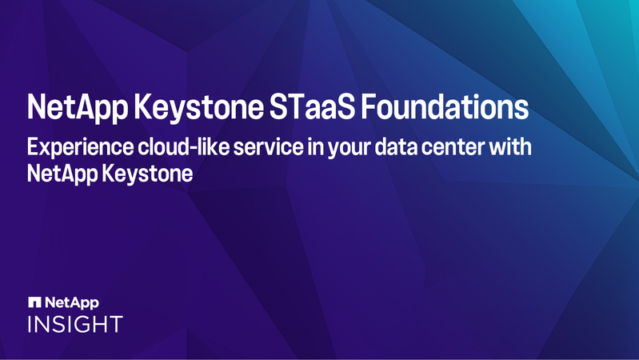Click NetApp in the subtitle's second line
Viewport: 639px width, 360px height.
[62, 174]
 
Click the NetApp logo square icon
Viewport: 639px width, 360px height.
[34, 302]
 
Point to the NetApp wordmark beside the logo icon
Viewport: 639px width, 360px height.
[73, 302]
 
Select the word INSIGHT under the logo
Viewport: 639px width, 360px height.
[75, 324]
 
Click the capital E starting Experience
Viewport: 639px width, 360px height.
[33, 148]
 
